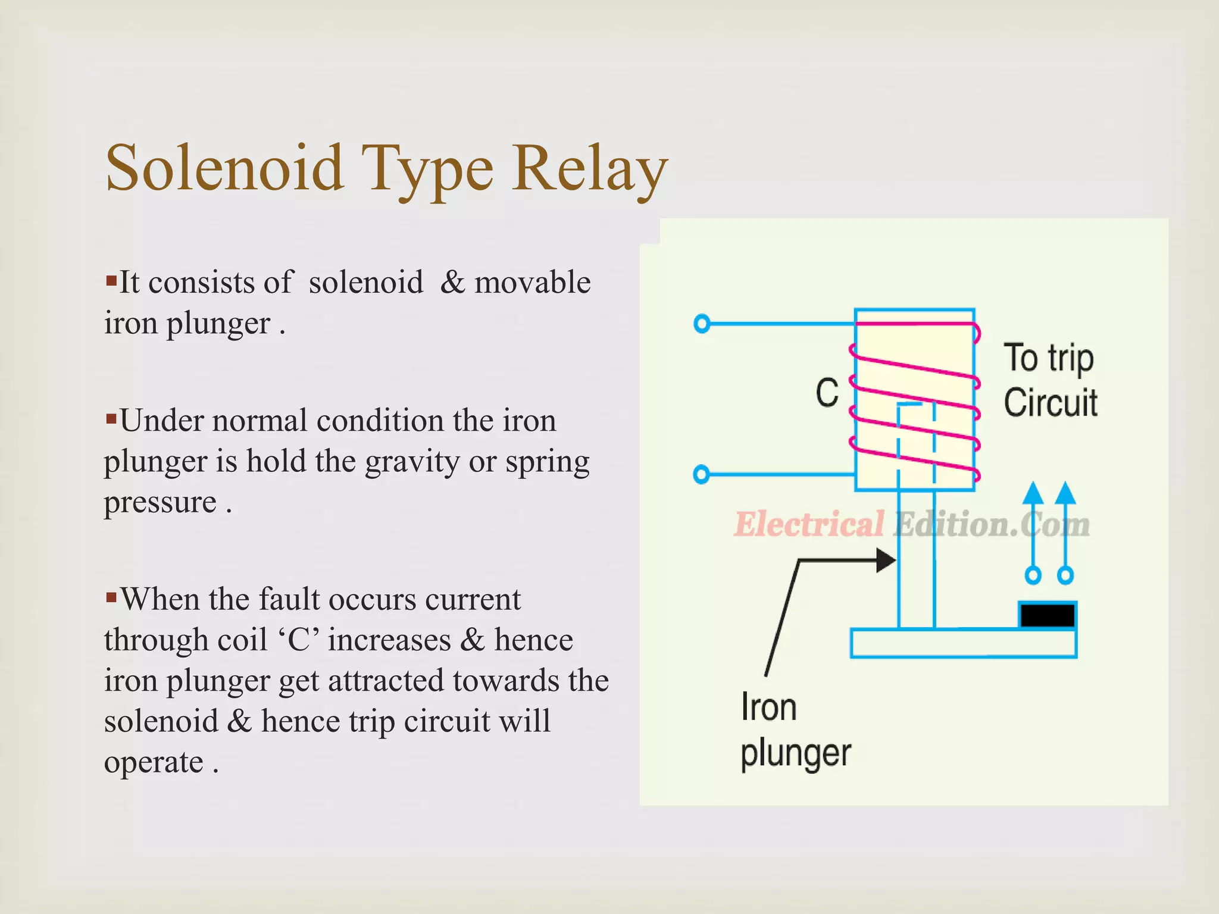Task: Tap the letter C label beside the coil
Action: click(827, 393)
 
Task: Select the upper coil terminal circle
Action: click(702, 324)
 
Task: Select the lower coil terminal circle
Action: click(702, 474)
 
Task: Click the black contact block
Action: click(1048, 615)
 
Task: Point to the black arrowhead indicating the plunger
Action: click(886, 560)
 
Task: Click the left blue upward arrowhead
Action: click(1033, 494)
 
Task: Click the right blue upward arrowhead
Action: click(1065, 494)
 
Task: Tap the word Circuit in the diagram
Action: click(1051, 403)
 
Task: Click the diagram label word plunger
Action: click(796, 754)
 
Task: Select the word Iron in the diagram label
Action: click(768, 708)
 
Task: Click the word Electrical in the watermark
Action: click(809, 524)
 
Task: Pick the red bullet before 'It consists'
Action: click(111, 280)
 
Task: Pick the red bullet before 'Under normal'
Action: click(111, 419)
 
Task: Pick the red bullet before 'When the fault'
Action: click(111, 597)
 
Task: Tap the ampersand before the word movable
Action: click(452, 282)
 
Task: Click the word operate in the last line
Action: click(154, 762)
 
